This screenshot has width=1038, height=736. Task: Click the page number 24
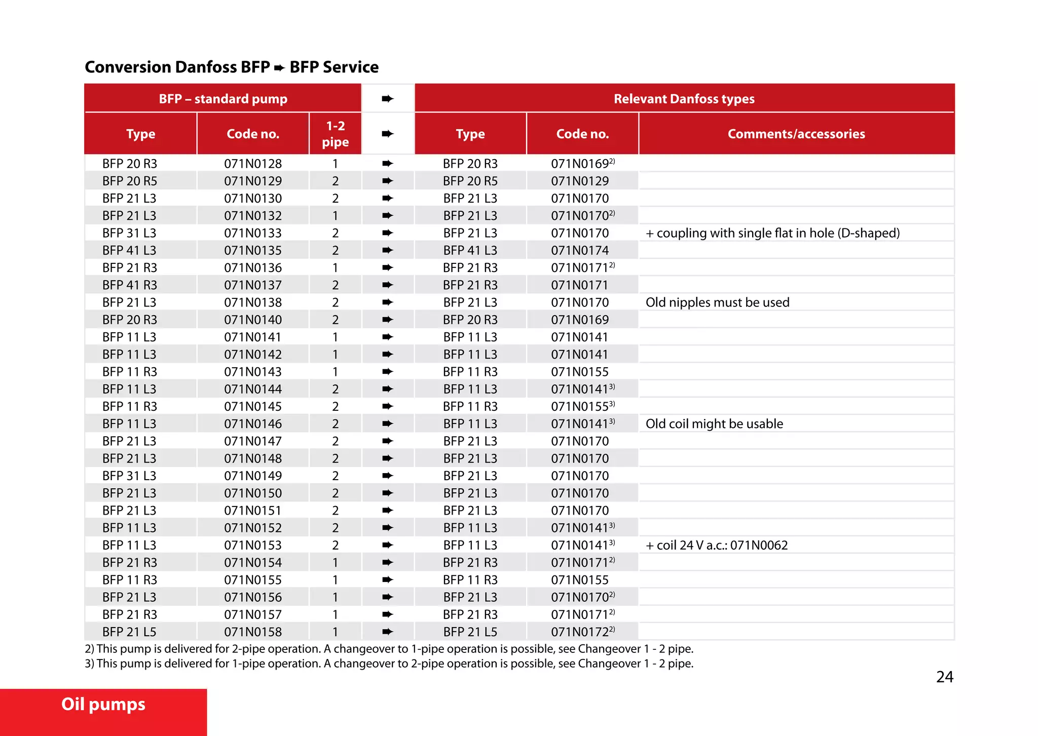944,677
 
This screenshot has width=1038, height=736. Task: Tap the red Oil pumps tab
103,705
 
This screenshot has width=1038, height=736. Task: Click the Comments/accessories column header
796,134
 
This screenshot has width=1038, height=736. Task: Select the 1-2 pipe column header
335,134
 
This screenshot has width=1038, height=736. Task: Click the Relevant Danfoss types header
684,99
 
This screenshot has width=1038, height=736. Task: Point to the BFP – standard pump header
223,99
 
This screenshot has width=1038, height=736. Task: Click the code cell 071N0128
253,164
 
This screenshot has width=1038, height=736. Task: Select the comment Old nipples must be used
717,302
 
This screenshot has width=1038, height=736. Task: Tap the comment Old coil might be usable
714,424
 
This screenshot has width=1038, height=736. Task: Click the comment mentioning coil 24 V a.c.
717,546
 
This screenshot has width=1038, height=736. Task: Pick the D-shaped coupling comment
772,233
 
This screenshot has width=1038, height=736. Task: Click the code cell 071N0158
253,632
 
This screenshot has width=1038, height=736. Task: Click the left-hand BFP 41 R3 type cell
130,285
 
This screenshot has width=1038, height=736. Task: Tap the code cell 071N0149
253,476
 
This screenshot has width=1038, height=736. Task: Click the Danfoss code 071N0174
580,250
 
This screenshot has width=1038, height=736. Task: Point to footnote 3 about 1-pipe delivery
389,664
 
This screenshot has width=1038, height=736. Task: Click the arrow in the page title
279,67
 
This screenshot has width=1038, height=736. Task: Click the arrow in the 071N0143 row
388,372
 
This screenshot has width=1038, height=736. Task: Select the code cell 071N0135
253,250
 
